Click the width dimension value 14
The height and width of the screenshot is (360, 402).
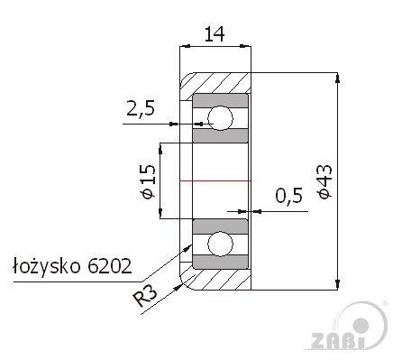(x=215, y=35)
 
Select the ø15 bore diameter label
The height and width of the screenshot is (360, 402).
(x=148, y=180)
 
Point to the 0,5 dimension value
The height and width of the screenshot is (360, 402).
(x=287, y=196)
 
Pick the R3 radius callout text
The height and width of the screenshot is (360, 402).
(x=145, y=295)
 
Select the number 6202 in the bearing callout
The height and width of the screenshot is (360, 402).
(x=111, y=266)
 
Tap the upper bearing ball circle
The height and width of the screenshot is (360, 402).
(x=220, y=117)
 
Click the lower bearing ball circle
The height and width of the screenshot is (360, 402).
(x=220, y=244)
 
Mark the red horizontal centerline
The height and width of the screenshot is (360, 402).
(x=216, y=181)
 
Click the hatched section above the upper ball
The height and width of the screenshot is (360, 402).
(x=225, y=81)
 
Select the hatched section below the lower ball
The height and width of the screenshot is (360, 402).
(x=225, y=281)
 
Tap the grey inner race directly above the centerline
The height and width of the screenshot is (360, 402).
(x=221, y=136)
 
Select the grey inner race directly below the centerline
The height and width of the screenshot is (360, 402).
(x=221, y=225)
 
